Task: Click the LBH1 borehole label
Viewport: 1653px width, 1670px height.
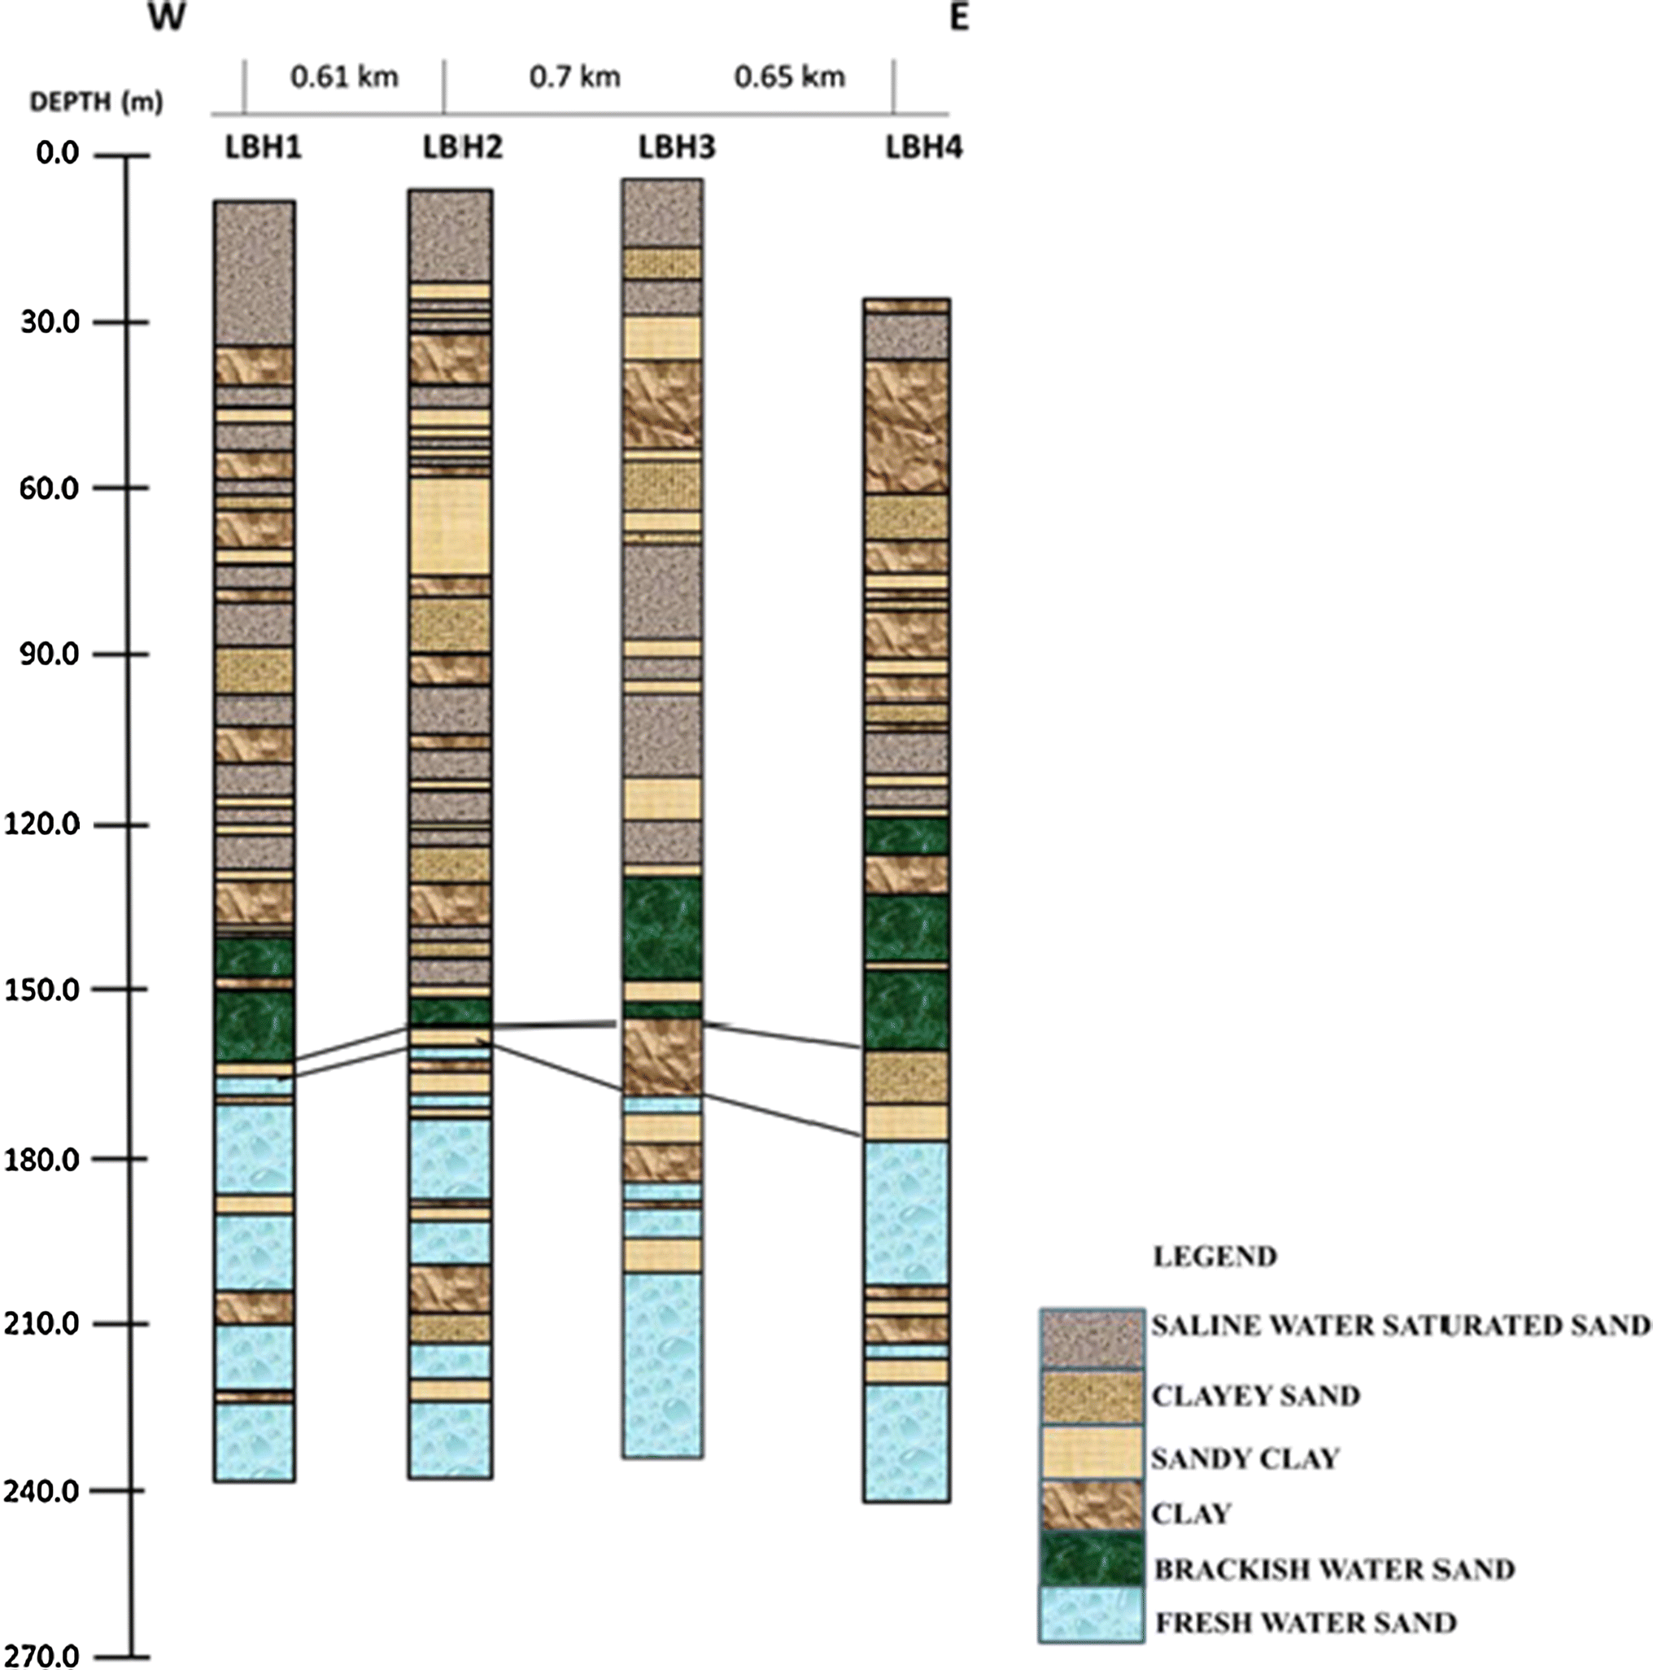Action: click(x=264, y=148)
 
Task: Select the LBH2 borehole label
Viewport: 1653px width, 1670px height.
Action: click(x=462, y=148)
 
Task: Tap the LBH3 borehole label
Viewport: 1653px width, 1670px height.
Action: click(x=677, y=148)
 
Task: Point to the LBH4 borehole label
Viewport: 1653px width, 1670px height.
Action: click(x=923, y=148)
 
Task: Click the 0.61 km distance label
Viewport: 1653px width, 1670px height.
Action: click(x=344, y=78)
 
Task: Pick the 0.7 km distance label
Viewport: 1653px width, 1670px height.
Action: click(x=574, y=78)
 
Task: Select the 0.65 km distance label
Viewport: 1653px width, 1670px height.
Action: click(x=789, y=78)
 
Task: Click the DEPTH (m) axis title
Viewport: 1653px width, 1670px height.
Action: click(x=96, y=103)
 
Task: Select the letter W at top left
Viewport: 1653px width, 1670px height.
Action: click(x=167, y=17)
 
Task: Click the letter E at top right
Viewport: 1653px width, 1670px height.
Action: click(x=958, y=17)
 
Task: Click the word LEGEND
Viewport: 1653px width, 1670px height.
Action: click(x=1214, y=1256)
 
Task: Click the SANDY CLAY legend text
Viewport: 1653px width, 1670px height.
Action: click(x=1245, y=1459)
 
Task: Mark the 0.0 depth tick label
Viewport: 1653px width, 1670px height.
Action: click(x=57, y=154)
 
